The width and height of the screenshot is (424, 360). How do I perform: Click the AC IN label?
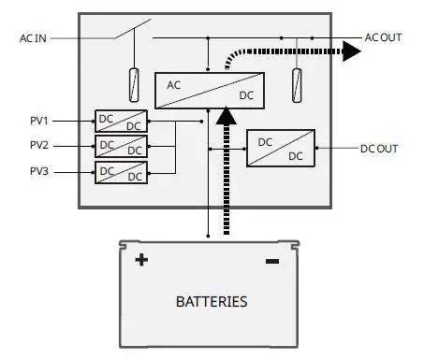(33, 38)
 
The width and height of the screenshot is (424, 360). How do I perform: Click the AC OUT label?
(385, 38)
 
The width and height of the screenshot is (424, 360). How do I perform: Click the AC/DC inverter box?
(209, 90)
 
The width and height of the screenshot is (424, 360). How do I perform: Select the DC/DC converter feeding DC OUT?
(280, 148)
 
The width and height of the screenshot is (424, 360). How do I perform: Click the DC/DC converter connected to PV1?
(121, 122)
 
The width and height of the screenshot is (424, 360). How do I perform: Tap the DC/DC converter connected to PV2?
(121, 147)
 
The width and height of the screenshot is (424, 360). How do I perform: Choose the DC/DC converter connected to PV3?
(121, 172)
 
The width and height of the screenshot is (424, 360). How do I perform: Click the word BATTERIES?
(212, 302)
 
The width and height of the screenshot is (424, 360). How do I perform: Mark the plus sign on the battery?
(142, 260)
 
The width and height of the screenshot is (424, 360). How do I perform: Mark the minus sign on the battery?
(272, 261)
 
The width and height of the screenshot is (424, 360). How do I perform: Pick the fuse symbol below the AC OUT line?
(298, 85)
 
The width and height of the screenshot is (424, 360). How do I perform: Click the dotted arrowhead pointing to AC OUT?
(351, 50)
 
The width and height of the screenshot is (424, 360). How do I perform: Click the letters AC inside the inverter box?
(174, 84)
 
